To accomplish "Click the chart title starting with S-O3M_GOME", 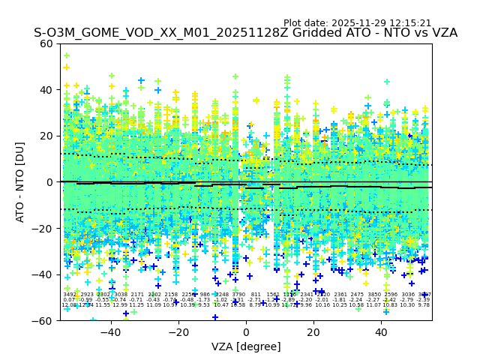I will pos(245,34).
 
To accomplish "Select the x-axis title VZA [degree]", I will pos(246,347).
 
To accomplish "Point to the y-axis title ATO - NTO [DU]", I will pos(21,182).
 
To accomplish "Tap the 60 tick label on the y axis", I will pos(46,43).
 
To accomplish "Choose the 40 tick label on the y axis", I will pos(46,90).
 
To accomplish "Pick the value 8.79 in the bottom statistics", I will pos(256,305).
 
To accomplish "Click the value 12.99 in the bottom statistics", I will pos(120,305).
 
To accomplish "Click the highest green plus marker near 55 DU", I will pos(66,55).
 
